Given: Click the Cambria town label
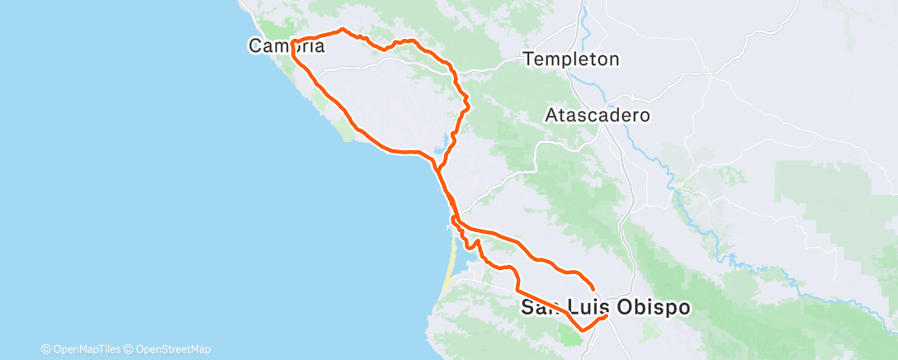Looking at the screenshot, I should point(286,47).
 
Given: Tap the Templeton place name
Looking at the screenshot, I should point(571,59).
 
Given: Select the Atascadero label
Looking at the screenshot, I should point(598,116).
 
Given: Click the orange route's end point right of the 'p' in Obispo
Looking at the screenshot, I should point(607,315).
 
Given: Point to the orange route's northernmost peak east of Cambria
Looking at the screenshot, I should point(343,30).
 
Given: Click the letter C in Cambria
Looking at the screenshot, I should point(256,47).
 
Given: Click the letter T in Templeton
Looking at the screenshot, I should point(528,59).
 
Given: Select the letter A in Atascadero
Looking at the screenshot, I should point(551,116).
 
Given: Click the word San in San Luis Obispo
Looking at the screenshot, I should point(538,308).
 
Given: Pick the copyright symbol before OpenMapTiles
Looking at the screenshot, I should point(46,349).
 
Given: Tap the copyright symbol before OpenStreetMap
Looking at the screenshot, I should point(130,349).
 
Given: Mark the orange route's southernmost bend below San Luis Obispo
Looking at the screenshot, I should point(584,329).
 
